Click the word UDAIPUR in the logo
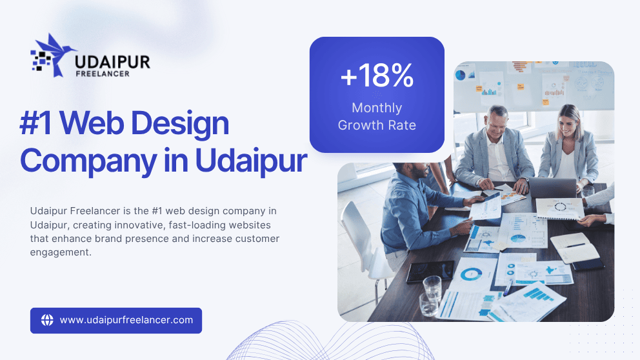113,62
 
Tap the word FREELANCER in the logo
103,74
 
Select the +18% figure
377,75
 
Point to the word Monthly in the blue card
377,108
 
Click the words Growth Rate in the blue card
377,125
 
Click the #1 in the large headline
36,123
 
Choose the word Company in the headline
89,161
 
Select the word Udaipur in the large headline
251,161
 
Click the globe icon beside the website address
47,320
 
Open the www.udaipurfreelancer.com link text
126,320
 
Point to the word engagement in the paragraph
61,253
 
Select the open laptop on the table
552,188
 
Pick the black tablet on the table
430,271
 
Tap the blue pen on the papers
508,287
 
